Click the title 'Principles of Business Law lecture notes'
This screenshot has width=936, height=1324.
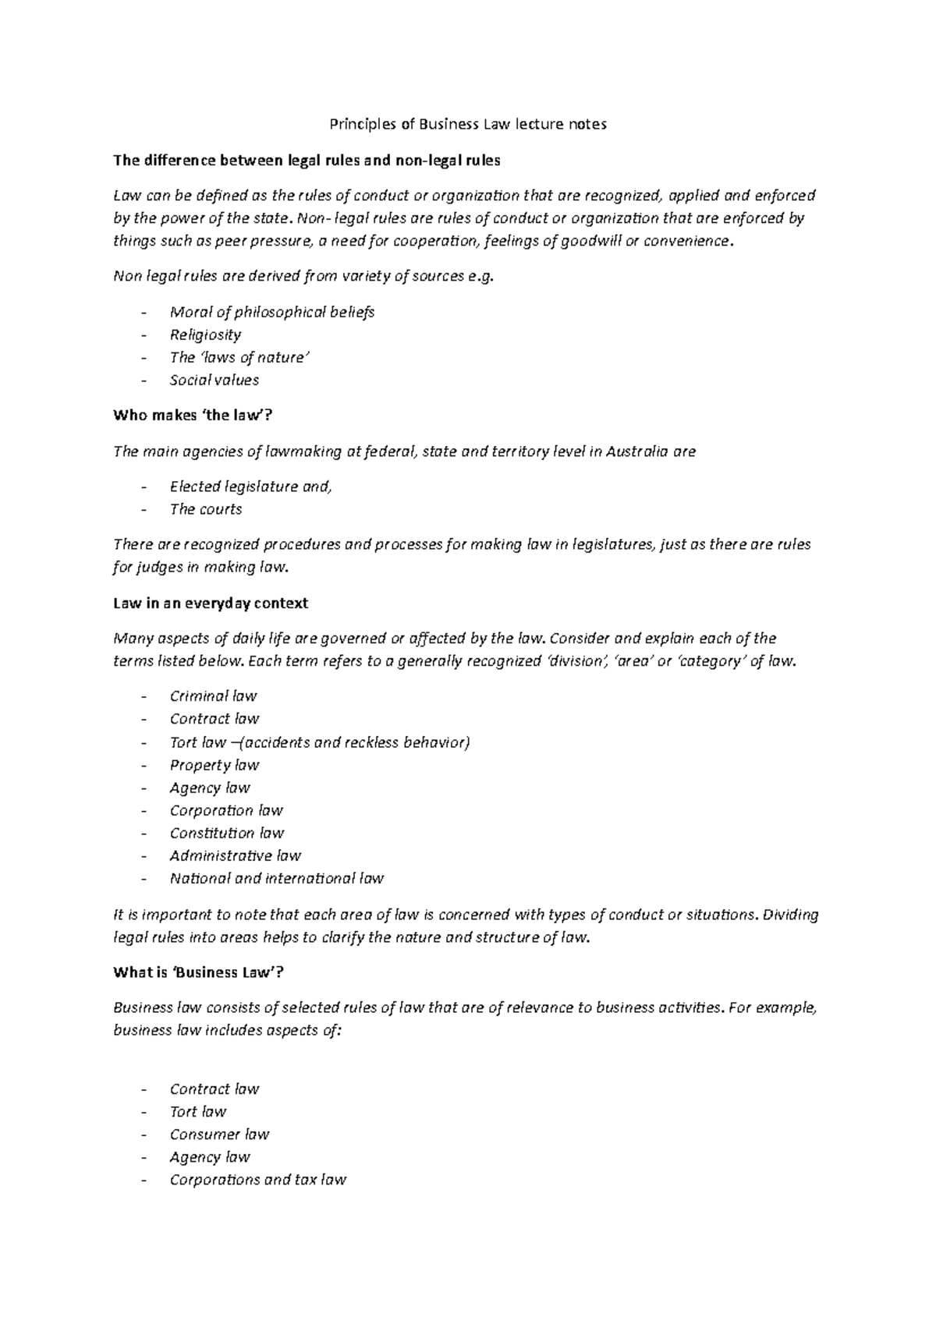coord(467,124)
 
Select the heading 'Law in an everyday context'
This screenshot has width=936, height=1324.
coord(211,603)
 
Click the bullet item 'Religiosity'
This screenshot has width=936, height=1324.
coord(205,335)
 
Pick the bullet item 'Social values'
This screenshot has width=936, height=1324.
coord(214,381)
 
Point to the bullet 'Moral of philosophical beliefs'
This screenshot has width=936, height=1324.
coord(271,312)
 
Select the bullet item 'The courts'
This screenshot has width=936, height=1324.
coord(206,509)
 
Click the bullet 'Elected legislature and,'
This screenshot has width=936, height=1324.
coord(250,487)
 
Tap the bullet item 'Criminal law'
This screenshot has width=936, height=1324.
coord(213,696)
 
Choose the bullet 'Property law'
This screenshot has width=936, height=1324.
coord(214,765)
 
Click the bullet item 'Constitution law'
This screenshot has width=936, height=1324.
coord(226,833)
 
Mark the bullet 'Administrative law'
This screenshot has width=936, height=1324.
coord(235,855)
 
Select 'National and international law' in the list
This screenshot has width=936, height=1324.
coord(276,879)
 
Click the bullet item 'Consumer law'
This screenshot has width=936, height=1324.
coord(219,1135)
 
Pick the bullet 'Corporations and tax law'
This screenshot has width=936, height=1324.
coord(257,1180)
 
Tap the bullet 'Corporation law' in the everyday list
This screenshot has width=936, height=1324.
coord(226,810)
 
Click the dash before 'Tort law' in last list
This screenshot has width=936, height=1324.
coord(144,1113)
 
